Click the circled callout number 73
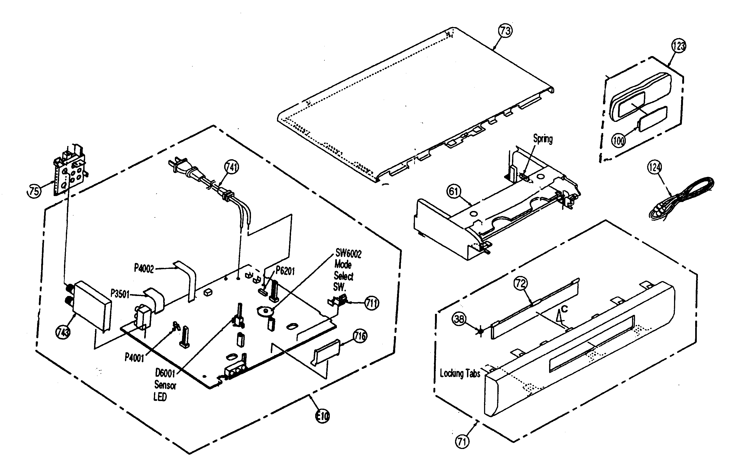505,31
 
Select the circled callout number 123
678,46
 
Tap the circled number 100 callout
618,141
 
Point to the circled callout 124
655,167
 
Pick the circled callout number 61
454,191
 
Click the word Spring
543,139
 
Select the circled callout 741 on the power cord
231,167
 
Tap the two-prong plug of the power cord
178,166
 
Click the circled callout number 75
34,191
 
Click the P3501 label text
120,294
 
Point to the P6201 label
285,271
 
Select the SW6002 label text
348,253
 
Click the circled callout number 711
372,303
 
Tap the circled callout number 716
360,336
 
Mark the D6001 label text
165,373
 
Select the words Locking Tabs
460,373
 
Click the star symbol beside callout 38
480,331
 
